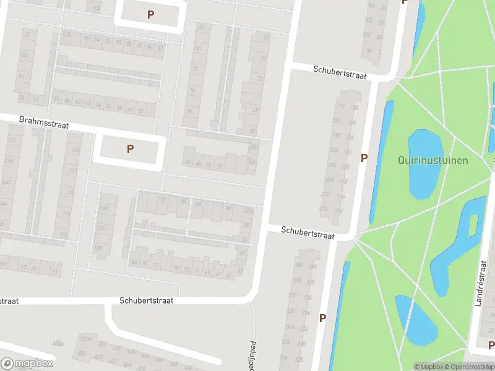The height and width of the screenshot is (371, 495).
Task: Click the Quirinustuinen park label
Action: (x=433, y=160)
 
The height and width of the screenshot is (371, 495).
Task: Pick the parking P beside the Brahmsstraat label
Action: (x=130, y=148)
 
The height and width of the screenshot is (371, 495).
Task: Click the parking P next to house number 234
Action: (x=322, y=318)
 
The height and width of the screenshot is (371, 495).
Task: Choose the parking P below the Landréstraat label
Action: (x=491, y=345)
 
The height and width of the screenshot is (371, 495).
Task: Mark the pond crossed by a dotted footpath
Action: (x=416, y=320)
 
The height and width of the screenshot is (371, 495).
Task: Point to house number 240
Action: (x=312, y=267)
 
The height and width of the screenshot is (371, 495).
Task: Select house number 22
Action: (x=27, y=35)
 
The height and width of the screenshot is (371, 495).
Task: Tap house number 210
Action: (x=323, y=209)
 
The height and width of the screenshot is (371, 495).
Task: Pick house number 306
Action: (x=299, y=265)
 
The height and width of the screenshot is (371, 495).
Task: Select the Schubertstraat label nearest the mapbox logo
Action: (x=9, y=301)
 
